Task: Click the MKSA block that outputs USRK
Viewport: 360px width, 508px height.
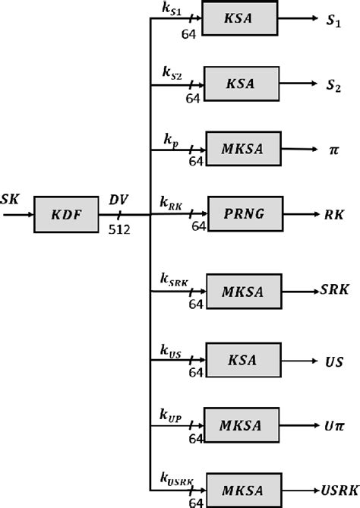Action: [x=240, y=486]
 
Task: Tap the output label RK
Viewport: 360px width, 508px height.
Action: [x=333, y=213]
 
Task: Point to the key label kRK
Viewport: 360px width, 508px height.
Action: [x=170, y=202]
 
